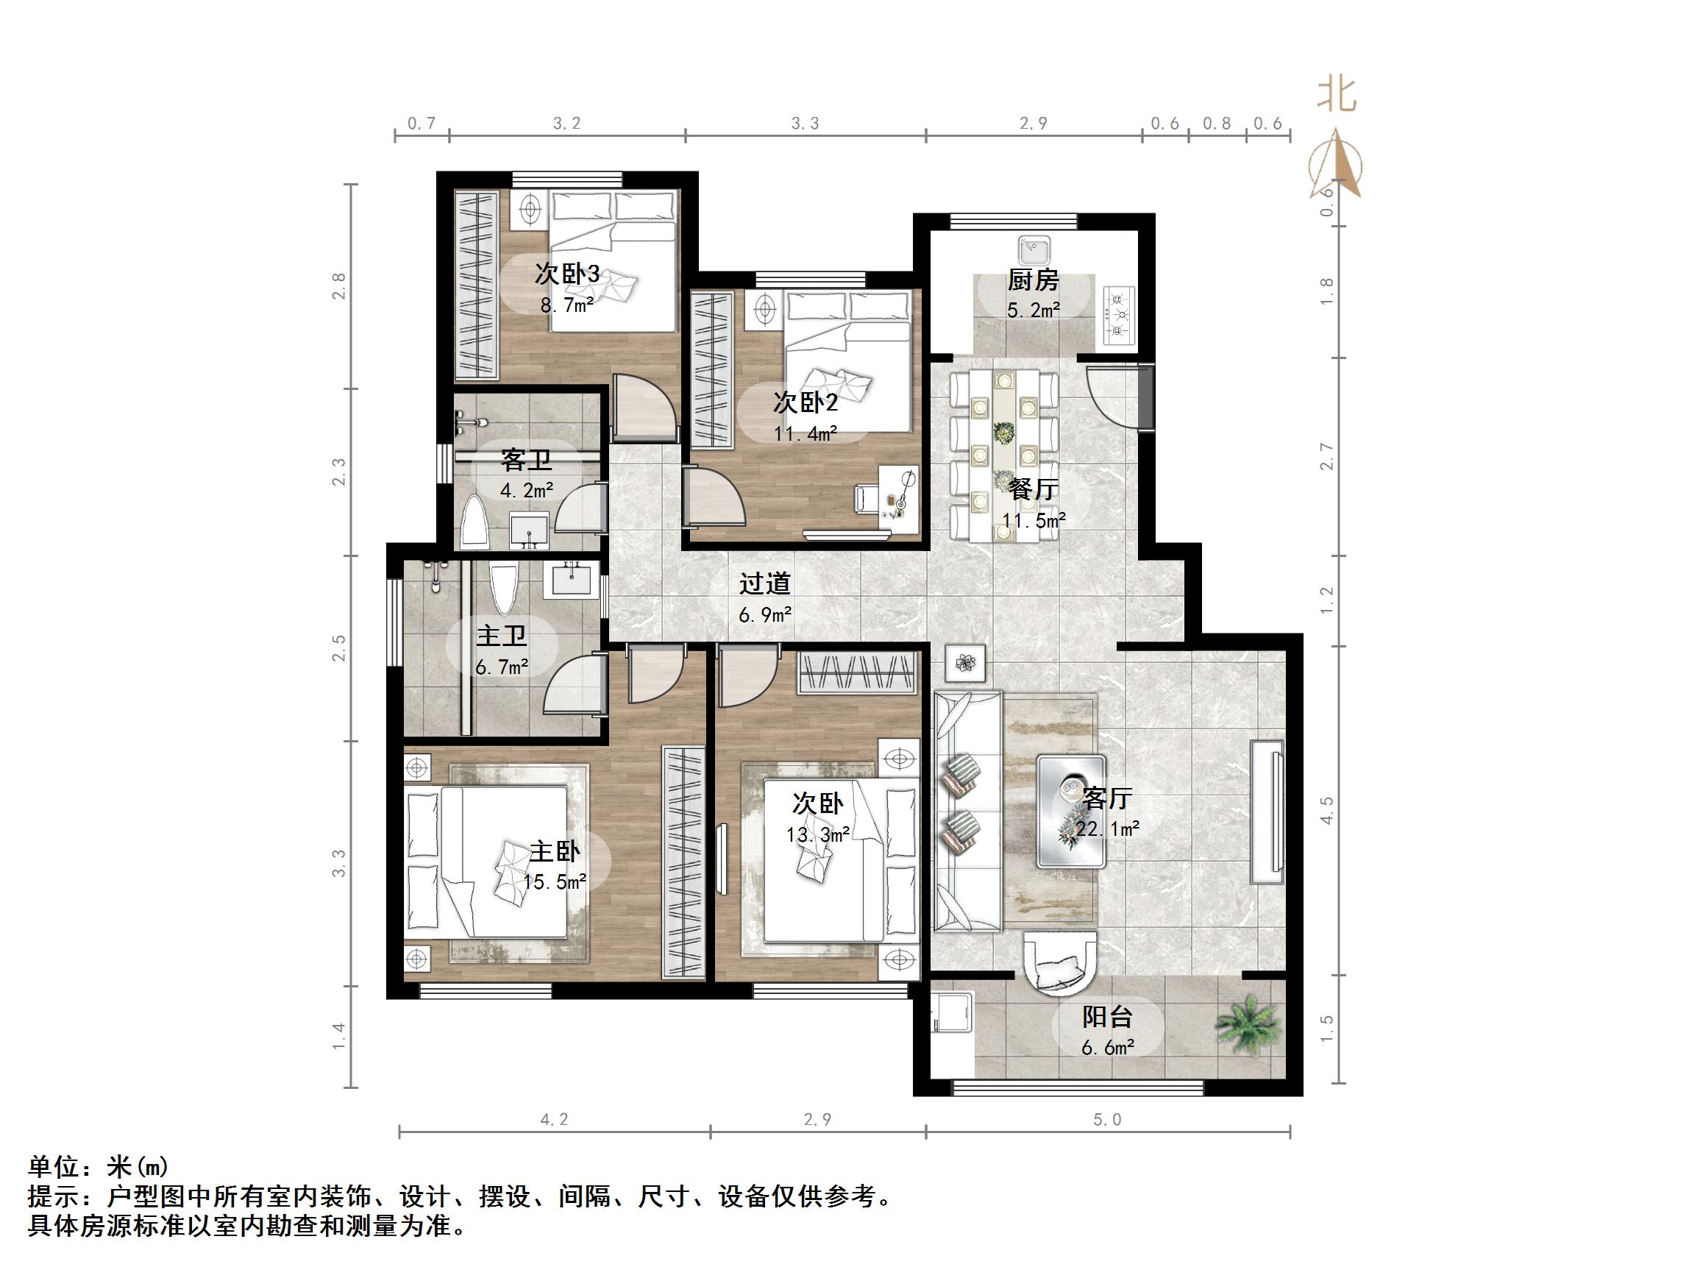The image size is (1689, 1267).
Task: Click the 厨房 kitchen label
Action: click(1032, 280)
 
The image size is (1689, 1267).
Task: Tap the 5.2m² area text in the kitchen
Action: click(1032, 310)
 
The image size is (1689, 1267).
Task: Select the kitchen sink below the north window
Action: click(1034, 249)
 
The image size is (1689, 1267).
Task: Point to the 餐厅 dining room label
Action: click(1032, 489)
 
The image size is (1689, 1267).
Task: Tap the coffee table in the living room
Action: click(1070, 810)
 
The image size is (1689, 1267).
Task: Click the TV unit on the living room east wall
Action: click(1267, 811)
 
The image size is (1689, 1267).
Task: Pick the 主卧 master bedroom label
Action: click(555, 851)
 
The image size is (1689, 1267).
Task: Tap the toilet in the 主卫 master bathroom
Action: click(504, 588)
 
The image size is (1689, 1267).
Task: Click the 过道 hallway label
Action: click(764, 584)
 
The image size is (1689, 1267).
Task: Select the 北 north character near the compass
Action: click(1337, 96)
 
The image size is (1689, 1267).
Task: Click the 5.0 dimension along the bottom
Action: click(1107, 1120)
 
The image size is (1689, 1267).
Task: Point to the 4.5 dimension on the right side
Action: click(1327, 810)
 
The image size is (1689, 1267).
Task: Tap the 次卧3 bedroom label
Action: click(566, 274)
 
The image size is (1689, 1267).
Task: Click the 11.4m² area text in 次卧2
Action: click(805, 434)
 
